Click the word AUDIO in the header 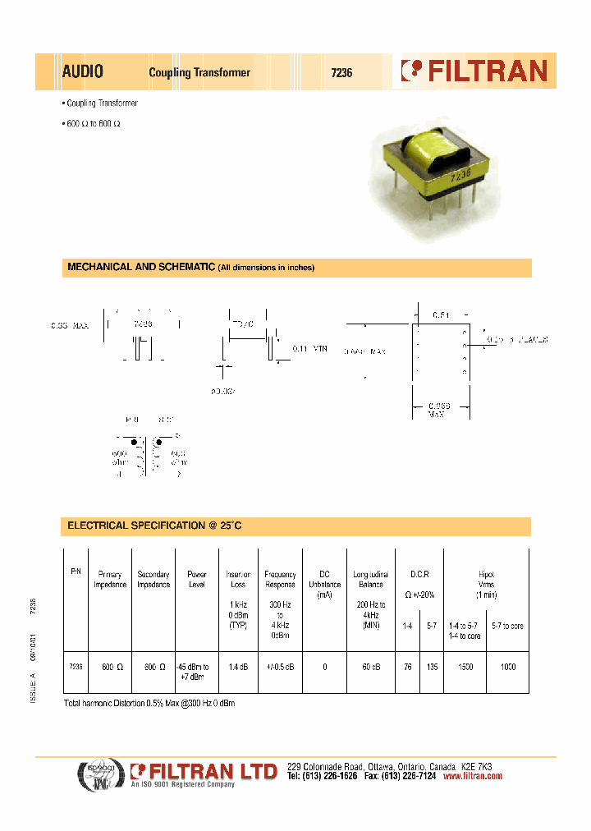click(82, 72)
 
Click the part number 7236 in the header click(341, 72)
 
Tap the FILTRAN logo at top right click(474, 71)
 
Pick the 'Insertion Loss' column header click(238, 580)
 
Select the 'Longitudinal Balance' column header click(369, 580)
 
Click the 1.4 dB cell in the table click(238, 668)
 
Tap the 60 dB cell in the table click(369, 668)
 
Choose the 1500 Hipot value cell click(465, 668)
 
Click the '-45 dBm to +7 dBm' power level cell click(197, 672)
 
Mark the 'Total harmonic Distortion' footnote click(149, 705)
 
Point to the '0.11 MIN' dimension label click(310, 349)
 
